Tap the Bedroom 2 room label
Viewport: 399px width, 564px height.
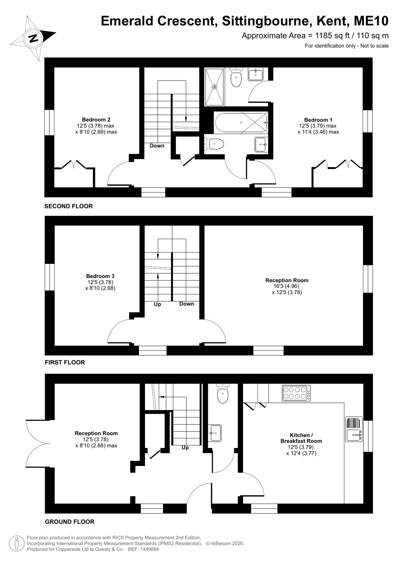point(96,120)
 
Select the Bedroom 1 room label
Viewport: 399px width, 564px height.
point(318,120)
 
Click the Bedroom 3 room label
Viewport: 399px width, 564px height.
point(100,276)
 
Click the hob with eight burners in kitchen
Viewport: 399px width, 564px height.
point(296,393)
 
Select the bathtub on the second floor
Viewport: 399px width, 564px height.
point(241,123)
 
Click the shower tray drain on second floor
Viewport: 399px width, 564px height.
point(214,87)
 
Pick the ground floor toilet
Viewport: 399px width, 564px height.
point(223,394)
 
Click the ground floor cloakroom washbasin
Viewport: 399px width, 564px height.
point(215,433)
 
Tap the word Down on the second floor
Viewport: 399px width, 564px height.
point(157,146)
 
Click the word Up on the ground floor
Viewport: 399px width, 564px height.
point(185,448)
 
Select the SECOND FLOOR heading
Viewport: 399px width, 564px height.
point(68,206)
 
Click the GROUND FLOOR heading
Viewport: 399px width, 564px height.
point(69,522)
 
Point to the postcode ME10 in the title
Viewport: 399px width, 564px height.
point(371,21)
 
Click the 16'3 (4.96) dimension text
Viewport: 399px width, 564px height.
point(287,286)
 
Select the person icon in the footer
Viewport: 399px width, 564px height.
point(17,543)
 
